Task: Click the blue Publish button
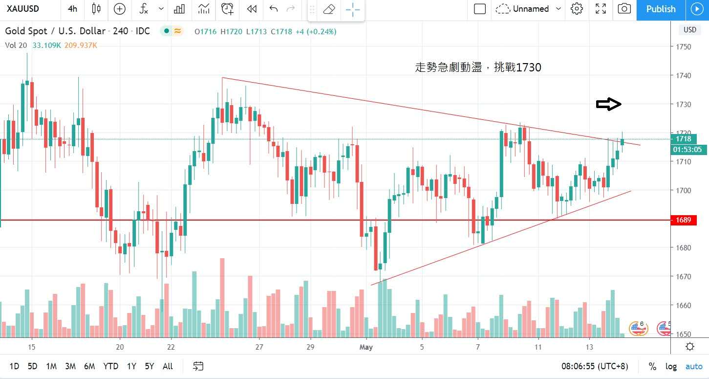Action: [x=661, y=9]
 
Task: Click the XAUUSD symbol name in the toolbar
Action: [x=23, y=9]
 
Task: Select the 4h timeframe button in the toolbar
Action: [x=72, y=9]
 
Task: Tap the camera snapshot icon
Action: [x=624, y=9]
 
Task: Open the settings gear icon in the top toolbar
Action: [x=577, y=9]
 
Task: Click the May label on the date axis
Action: [x=366, y=347]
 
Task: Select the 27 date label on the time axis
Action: [x=259, y=347]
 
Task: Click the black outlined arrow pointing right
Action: [x=608, y=104]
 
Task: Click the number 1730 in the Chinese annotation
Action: [x=528, y=68]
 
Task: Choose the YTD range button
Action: [x=111, y=366]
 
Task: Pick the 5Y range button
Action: [x=150, y=366]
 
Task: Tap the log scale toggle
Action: [x=671, y=366]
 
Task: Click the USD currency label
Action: [x=690, y=30]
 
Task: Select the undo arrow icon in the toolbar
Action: [x=274, y=9]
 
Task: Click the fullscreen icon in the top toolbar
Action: [x=601, y=9]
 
